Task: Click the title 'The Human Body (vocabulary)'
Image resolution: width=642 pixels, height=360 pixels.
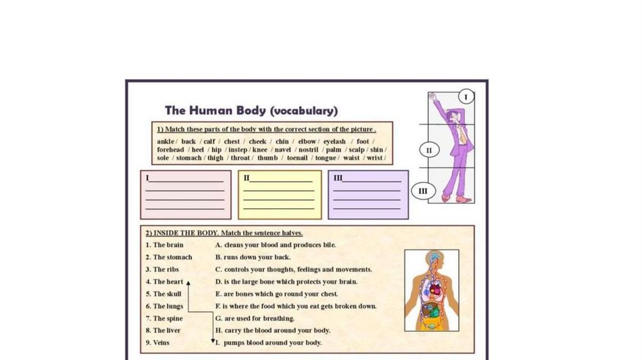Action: click(x=251, y=111)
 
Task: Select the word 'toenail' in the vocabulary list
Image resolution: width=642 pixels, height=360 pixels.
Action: click(x=297, y=158)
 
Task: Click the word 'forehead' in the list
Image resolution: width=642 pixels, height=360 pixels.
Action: click(x=170, y=150)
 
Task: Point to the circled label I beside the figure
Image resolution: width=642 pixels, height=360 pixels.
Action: click(x=465, y=97)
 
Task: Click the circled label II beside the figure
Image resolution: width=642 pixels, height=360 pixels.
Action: click(x=429, y=151)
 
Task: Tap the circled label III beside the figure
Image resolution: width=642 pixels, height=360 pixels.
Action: click(x=423, y=191)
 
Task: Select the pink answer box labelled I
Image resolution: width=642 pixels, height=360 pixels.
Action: click(x=185, y=194)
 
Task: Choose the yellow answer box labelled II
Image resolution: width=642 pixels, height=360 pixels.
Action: click(x=280, y=194)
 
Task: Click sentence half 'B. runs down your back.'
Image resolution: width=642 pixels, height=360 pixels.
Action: click(x=253, y=257)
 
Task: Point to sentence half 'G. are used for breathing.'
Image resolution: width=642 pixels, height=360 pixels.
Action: click(x=255, y=319)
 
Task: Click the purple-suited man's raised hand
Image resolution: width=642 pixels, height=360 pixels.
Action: click(x=433, y=97)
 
